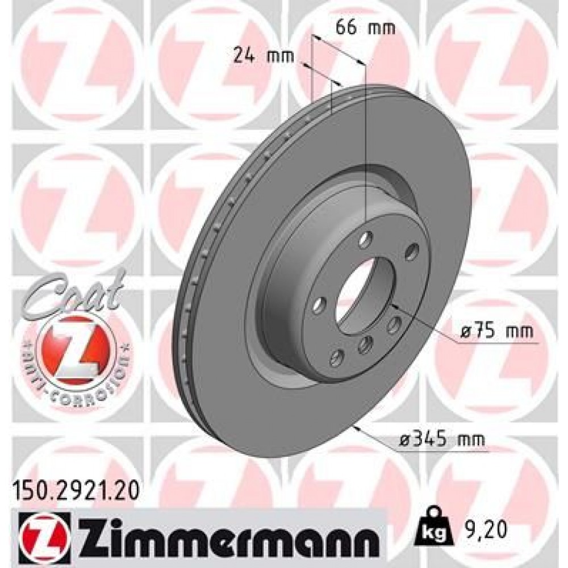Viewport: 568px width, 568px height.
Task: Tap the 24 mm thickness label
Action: [263, 55]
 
